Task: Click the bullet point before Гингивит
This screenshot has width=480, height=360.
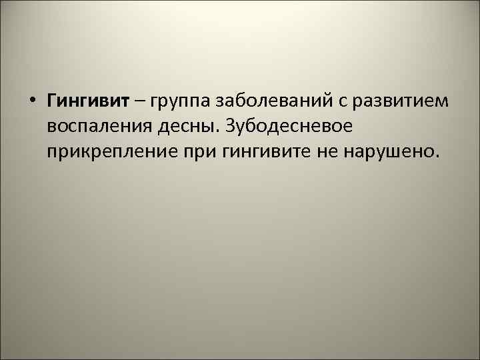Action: (x=32, y=101)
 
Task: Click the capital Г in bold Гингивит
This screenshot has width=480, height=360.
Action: (x=52, y=101)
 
